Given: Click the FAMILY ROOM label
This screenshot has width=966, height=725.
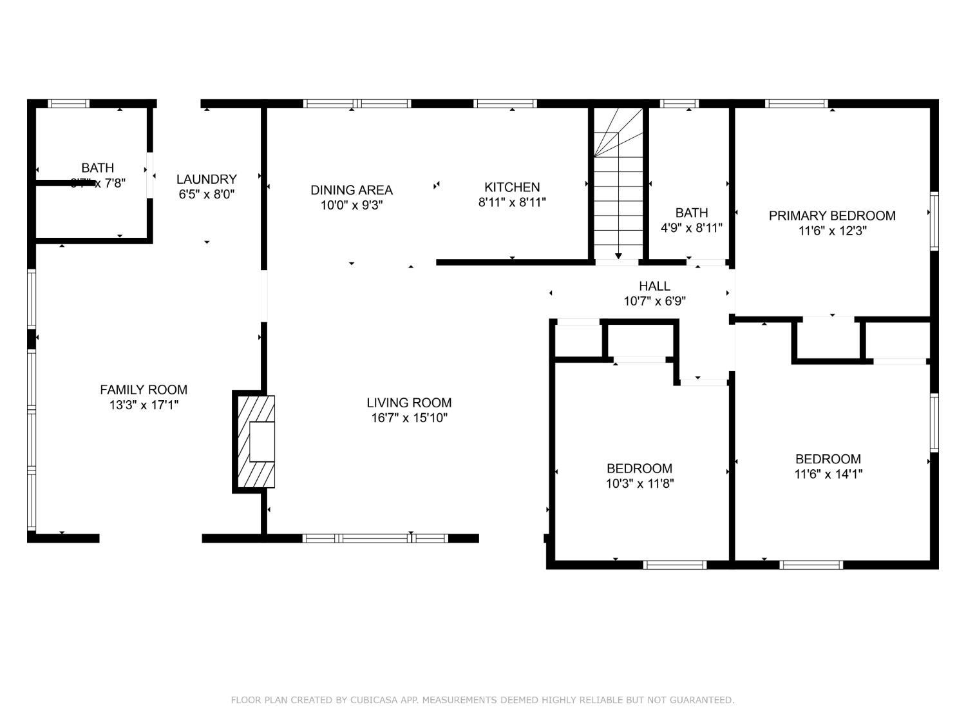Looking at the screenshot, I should [x=144, y=389].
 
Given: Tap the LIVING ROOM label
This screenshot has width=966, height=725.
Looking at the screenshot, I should [x=409, y=403].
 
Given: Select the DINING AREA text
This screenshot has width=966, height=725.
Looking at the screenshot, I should [x=351, y=190].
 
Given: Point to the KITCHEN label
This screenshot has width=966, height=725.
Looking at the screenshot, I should [x=512, y=188].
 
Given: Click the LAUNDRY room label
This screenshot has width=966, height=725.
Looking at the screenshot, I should [x=207, y=179].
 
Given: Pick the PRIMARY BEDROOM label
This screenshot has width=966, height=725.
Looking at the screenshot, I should [x=832, y=216].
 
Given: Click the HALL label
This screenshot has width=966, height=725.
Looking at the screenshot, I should [x=654, y=285].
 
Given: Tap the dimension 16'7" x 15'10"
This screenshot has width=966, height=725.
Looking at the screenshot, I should [x=409, y=418].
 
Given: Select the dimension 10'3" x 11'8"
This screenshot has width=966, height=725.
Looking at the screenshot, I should [x=639, y=483].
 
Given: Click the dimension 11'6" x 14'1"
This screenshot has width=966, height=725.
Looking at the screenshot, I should [x=828, y=474].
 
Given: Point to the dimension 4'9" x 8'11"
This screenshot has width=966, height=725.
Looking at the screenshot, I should [x=692, y=227].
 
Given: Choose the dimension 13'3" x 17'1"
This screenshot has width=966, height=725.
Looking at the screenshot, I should [x=144, y=405].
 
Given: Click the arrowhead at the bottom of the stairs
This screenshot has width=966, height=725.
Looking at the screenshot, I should [x=618, y=256].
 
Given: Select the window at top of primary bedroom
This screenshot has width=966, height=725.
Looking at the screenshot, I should [x=797, y=104].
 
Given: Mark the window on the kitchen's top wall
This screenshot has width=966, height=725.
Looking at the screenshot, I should [x=506, y=104].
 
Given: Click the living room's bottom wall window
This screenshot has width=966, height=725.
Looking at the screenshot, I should [x=375, y=538].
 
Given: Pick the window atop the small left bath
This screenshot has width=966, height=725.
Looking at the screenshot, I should [x=69, y=104].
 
